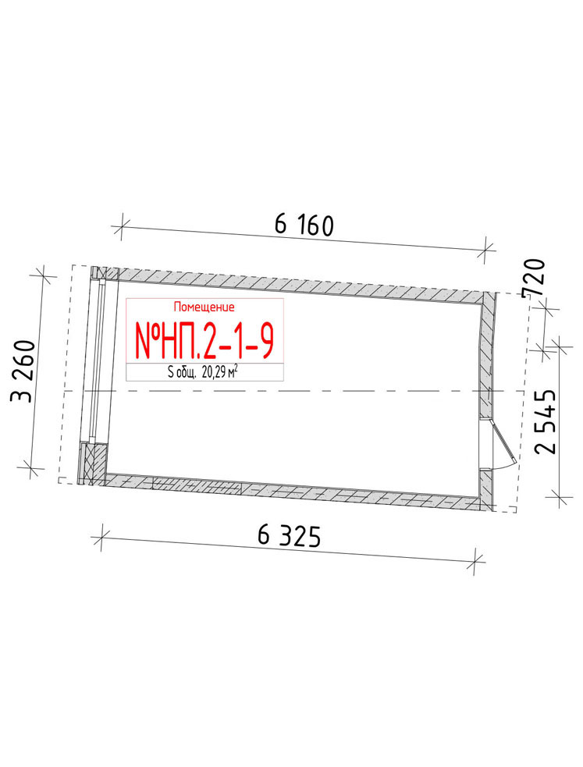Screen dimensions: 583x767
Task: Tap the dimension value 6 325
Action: coord(289,536)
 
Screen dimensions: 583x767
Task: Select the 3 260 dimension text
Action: coord(23,371)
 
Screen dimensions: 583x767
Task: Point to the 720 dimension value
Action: coord(533,277)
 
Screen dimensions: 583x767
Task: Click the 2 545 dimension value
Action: coord(546,421)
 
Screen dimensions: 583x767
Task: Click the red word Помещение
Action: coord(204,307)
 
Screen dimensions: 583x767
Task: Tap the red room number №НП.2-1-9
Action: coord(204,341)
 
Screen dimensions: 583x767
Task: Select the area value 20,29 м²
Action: coord(219,373)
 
